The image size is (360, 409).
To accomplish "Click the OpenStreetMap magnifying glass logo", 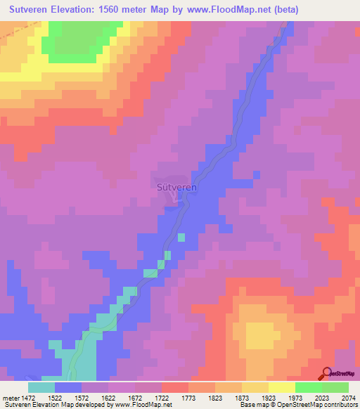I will click(x=326, y=373).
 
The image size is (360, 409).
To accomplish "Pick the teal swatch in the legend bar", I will click(x=41, y=387).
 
